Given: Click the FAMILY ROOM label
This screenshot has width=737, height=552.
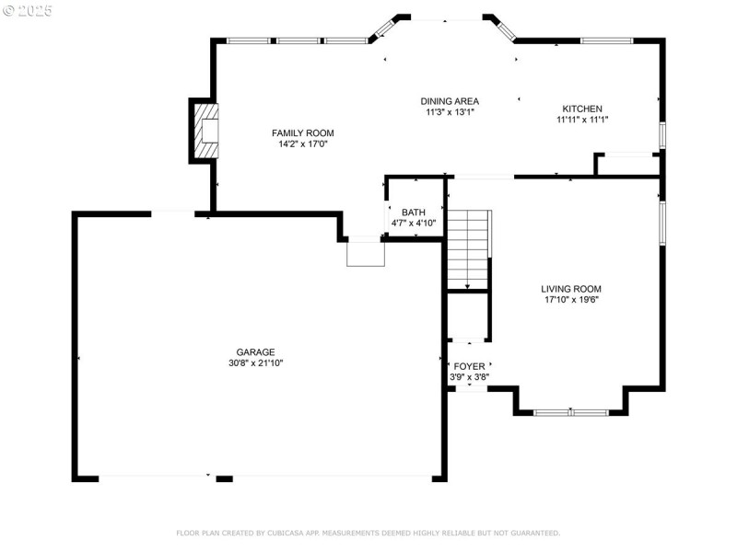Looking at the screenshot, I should click(302, 132).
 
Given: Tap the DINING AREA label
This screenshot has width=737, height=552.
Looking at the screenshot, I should click(450, 101).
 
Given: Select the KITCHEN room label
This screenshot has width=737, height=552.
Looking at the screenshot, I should click(582, 109).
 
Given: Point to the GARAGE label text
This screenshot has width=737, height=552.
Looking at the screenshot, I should click(256, 351).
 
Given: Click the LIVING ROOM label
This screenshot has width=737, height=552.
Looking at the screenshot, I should click(570, 289).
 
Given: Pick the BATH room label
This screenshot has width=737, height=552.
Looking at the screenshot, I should click(413, 213).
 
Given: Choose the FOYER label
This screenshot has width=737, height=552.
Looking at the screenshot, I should click(469, 366).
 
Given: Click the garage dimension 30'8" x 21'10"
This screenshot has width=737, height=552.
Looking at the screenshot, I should click(256, 363).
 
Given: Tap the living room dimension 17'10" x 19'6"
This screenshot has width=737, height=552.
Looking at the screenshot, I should click(570, 300).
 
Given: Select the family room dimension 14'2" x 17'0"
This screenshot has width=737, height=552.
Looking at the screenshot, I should click(302, 144).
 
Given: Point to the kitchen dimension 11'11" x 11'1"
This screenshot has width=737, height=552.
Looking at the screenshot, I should click(582, 120).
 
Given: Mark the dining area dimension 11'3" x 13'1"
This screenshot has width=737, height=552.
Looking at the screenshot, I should click(450, 112).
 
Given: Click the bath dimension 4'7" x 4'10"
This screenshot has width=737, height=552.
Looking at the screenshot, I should click(413, 224).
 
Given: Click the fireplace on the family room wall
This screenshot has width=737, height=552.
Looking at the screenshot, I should click(207, 130).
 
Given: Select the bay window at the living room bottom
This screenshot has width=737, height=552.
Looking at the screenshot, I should click(571, 411).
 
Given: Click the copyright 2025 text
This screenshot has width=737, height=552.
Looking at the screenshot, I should click(28, 10).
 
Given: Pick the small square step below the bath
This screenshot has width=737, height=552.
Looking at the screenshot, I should click(364, 253).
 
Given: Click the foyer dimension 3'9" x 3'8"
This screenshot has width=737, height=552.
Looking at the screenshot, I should click(469, 376).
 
